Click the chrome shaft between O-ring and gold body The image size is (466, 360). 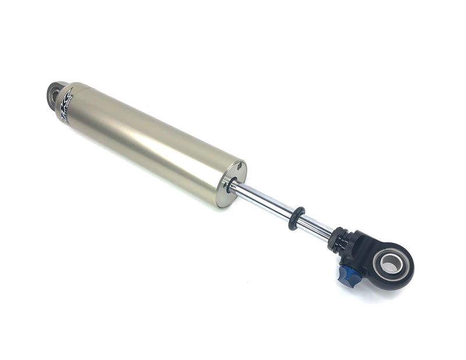click(265, 197)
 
